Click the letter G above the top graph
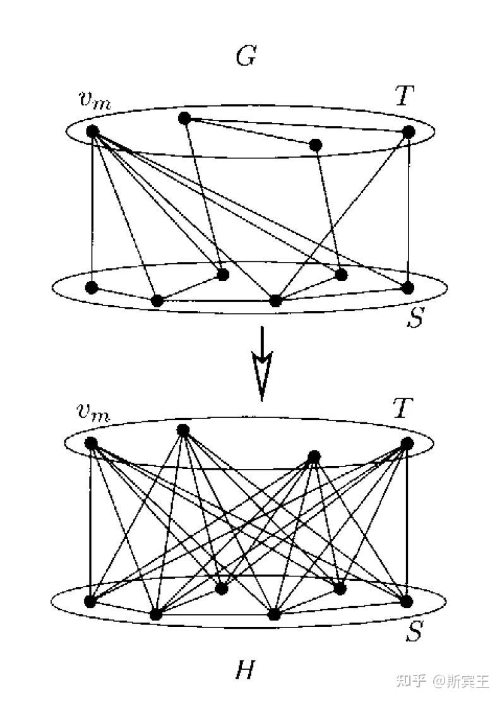(245, 57)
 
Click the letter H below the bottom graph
(244, 670)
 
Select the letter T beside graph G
(403, 97)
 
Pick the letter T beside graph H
(403, 409)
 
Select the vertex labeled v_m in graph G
(92, 131)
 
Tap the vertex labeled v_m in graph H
(91, 443)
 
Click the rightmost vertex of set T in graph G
(409, 131)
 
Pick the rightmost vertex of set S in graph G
(408, 288)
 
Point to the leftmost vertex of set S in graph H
(91, 601)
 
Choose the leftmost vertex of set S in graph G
(92, 288)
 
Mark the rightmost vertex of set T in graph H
(407, 443)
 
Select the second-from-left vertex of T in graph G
(184, 117)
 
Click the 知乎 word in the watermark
(410, 681)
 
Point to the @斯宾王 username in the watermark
(461, 681)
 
